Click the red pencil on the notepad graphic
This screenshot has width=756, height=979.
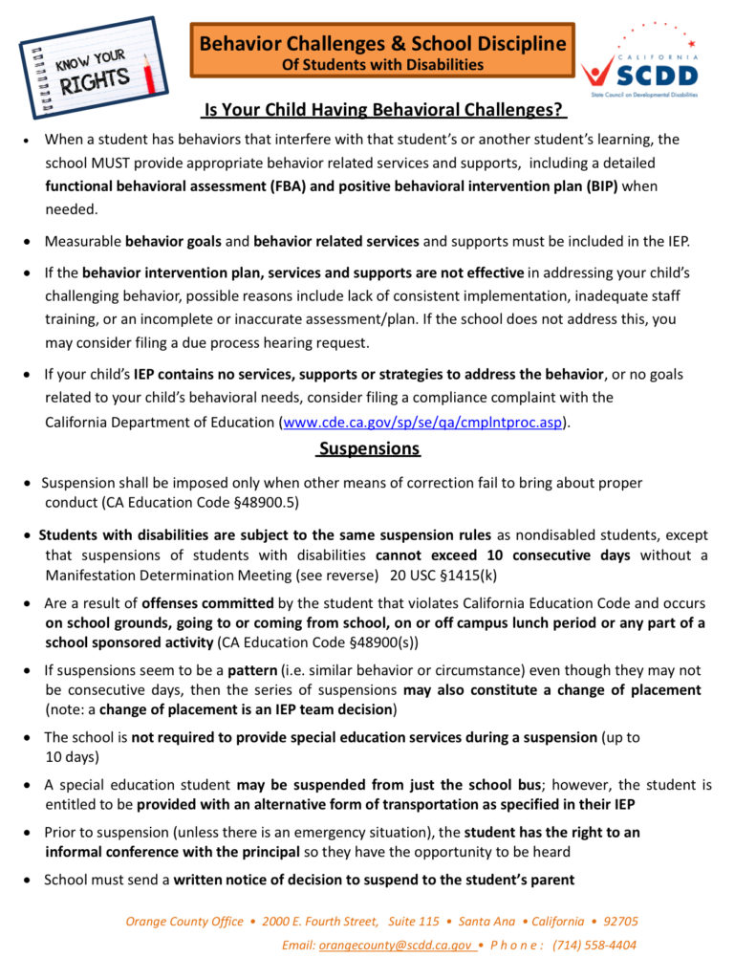[148, 72]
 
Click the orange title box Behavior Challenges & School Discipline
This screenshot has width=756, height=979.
[382, 50]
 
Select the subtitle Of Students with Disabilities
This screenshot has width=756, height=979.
[382, 65]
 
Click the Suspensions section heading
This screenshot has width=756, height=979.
[369, 448]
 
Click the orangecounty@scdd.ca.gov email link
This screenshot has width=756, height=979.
[396, 945]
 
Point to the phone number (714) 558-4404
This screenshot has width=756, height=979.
[594, 945]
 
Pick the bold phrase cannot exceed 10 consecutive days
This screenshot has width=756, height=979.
[503, 555]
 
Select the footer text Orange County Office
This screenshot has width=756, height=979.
[184, 922]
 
